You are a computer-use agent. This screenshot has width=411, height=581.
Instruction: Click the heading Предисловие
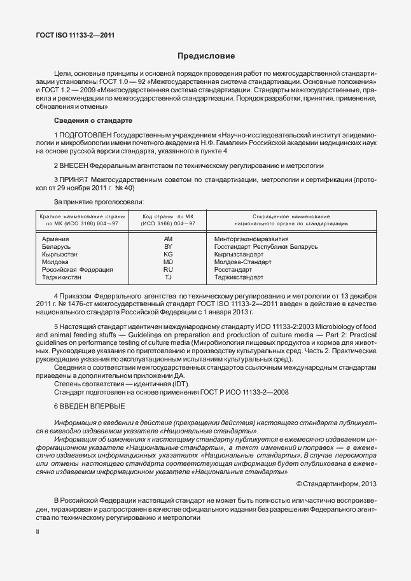coord(205,56)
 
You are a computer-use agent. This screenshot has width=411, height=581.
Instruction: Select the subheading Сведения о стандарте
coord(93,120)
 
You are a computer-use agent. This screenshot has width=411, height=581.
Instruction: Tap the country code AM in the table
coord(168,238)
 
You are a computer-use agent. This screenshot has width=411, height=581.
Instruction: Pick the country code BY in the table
coord(168,246)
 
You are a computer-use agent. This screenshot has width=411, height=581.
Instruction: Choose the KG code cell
coord(168,254)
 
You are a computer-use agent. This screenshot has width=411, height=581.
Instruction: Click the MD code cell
coord(168,262)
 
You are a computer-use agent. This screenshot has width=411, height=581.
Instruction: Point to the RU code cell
coord(168,270)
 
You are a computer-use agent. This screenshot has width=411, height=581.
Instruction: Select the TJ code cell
coord(168,277)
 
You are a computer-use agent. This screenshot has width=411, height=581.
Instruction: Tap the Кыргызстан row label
coord(60,254)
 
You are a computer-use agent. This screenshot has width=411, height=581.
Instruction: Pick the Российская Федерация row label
coord(77,270)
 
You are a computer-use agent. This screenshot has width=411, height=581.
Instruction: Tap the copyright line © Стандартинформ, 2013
coord(337,484)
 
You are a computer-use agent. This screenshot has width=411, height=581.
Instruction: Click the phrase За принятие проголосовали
coord(99,202)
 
